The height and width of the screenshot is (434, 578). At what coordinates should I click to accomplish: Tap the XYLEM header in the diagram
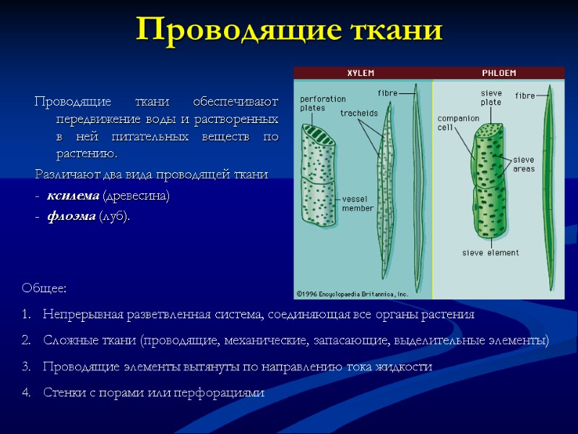(361, 72)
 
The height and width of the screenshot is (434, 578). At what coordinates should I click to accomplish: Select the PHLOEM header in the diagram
(499, 72)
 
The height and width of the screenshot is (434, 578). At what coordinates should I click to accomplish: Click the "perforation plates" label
(322, 103)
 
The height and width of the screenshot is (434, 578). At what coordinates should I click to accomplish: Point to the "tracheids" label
(358, 113)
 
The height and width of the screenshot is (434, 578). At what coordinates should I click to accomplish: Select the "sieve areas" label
(524, 163)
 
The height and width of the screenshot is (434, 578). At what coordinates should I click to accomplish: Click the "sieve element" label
(490, 252)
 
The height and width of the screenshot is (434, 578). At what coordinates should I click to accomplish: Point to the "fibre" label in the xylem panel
(388, 93)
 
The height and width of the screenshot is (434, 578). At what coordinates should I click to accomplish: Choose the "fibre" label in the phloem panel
(525, 95)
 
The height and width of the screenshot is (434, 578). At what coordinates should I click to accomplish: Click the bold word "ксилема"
(73, 195)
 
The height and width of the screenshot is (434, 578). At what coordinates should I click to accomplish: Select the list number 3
(27, 367)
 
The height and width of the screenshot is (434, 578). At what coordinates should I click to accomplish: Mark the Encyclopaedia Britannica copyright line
(352, 294)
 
